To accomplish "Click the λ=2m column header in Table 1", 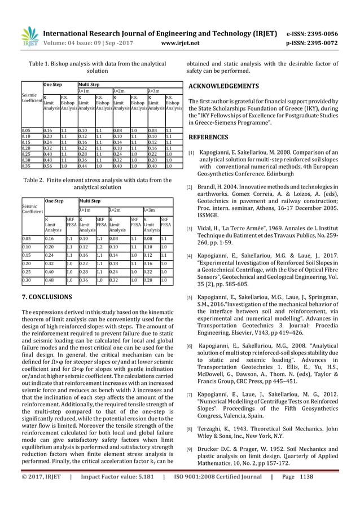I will (x=120, y=90).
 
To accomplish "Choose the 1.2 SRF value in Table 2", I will (x=100, y=247).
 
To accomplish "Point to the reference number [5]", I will (x=191, y=297).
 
